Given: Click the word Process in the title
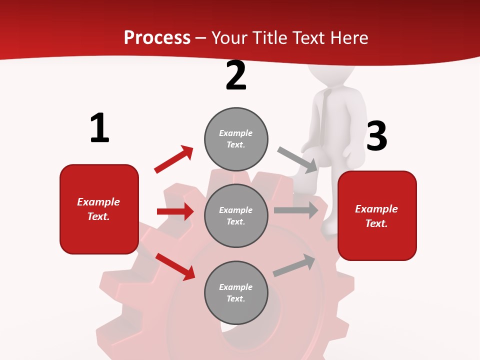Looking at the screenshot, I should point(157,37).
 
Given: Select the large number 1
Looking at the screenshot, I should point(99,128).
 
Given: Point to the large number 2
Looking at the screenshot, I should point(236,75).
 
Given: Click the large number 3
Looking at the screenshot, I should point(376,136).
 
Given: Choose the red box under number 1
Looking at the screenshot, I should point(99,209).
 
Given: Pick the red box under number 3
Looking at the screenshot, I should point(377,215).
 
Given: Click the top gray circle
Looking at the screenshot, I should point(236,139).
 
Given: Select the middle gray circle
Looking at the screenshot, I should point(236,215).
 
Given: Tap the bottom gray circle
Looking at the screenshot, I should point(236,292).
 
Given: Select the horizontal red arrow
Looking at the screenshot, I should point(175,211).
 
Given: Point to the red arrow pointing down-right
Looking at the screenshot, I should point(175,266).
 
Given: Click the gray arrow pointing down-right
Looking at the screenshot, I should point(298,159).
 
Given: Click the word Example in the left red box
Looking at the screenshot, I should point(98,202).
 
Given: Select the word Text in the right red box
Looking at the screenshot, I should point(376,223).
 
